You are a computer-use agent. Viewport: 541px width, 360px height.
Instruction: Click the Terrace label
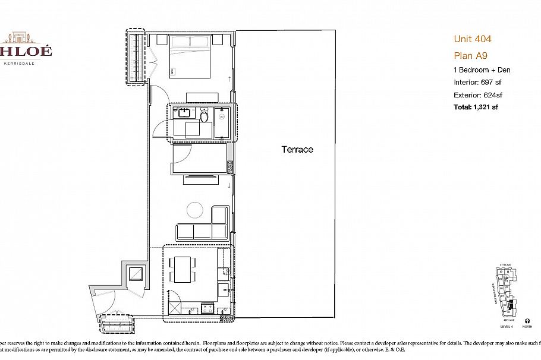(297, 150)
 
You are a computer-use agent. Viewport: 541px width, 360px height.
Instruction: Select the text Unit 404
(472, 39)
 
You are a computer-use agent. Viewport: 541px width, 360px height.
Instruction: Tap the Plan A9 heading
(471, 56)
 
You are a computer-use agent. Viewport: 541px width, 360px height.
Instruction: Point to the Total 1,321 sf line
(480, 107)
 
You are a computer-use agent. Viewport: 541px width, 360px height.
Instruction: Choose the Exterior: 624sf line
(478, 95)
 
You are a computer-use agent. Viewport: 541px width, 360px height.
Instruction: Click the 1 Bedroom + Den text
(482, 70)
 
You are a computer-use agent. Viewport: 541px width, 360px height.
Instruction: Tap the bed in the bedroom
(190, 57)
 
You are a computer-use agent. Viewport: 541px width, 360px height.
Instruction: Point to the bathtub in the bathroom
(225, 122)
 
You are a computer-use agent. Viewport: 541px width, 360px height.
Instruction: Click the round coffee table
(195, 210)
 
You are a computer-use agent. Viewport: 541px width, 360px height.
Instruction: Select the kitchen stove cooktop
(208, 308)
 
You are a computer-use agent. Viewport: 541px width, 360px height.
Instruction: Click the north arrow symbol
(527, 321)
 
